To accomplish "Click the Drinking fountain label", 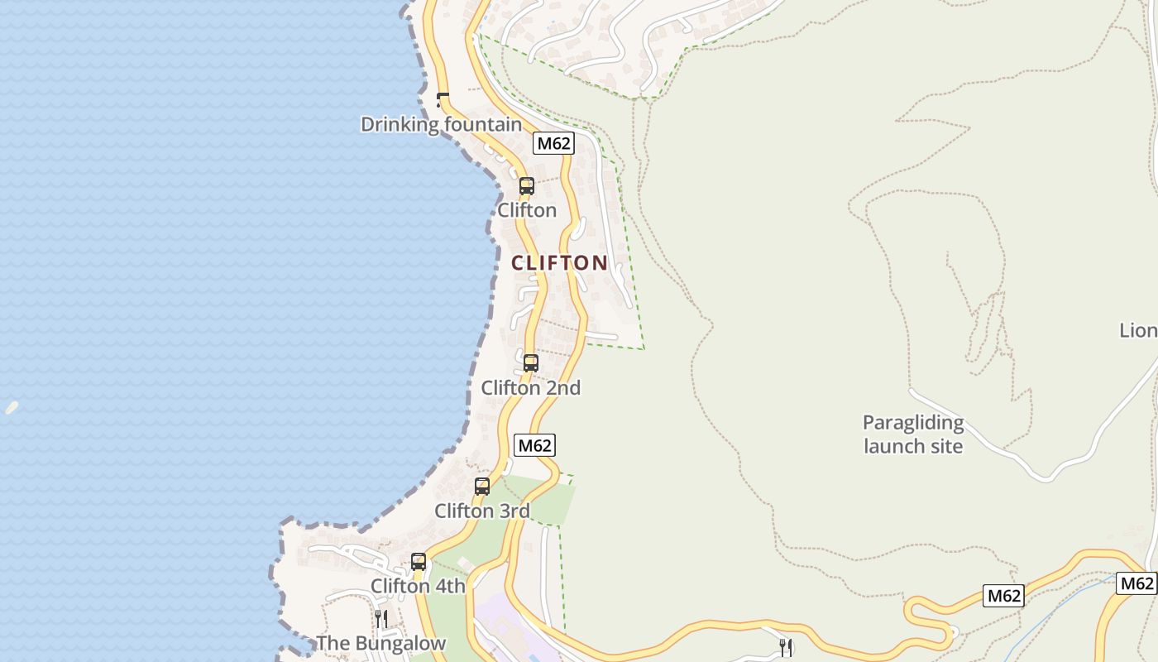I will click(441, 125).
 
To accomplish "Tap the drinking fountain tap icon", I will click(442, 99).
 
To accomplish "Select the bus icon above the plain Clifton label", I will click(526, 186).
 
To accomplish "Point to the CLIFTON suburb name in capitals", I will click(559, 263).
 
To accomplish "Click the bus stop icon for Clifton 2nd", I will click(531, 362).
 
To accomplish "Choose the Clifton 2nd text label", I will click(531, 387).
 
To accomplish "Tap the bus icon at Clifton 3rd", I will click(482, 487).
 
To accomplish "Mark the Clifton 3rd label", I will click(482, 511).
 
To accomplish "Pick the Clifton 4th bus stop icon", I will click(419, 561).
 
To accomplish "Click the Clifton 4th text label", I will click(418, 586).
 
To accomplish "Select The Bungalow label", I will click(381, 643).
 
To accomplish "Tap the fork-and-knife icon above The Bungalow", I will click(381, 618).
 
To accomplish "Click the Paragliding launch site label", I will click(913, 434).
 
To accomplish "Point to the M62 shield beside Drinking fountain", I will click(553, 143).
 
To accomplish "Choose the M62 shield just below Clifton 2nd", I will click(534, 445).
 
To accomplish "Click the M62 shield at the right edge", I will click(1136, 583).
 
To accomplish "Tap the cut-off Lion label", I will click(1138, 331).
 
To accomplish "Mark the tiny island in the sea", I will click(12, 407).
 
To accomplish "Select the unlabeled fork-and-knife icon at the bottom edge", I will click(786, 647).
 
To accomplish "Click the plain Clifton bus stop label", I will click(527, 210).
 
